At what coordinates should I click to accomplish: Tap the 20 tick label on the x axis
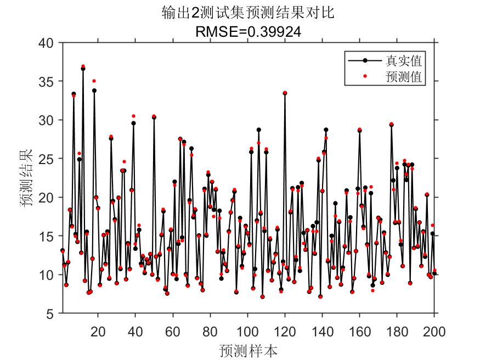[98, 331]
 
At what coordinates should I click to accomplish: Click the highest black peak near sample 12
[83, 69]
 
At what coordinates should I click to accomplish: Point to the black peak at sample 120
[285, 93]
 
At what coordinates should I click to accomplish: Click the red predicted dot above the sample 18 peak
[94, 81]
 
